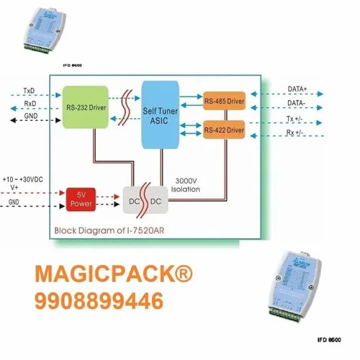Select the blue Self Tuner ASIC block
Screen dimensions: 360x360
(x=161, y=114)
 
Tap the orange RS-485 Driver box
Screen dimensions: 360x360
(x=224, y=101)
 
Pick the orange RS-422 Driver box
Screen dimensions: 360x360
(x=224, y=130)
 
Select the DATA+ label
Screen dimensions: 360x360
(x=297, y=89)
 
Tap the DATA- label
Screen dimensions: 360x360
(x=296, y=104)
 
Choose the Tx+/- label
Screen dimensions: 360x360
(x=295, y=119)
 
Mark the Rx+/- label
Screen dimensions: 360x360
(x=295, y=133)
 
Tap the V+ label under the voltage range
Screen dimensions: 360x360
(x=14, y=186)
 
